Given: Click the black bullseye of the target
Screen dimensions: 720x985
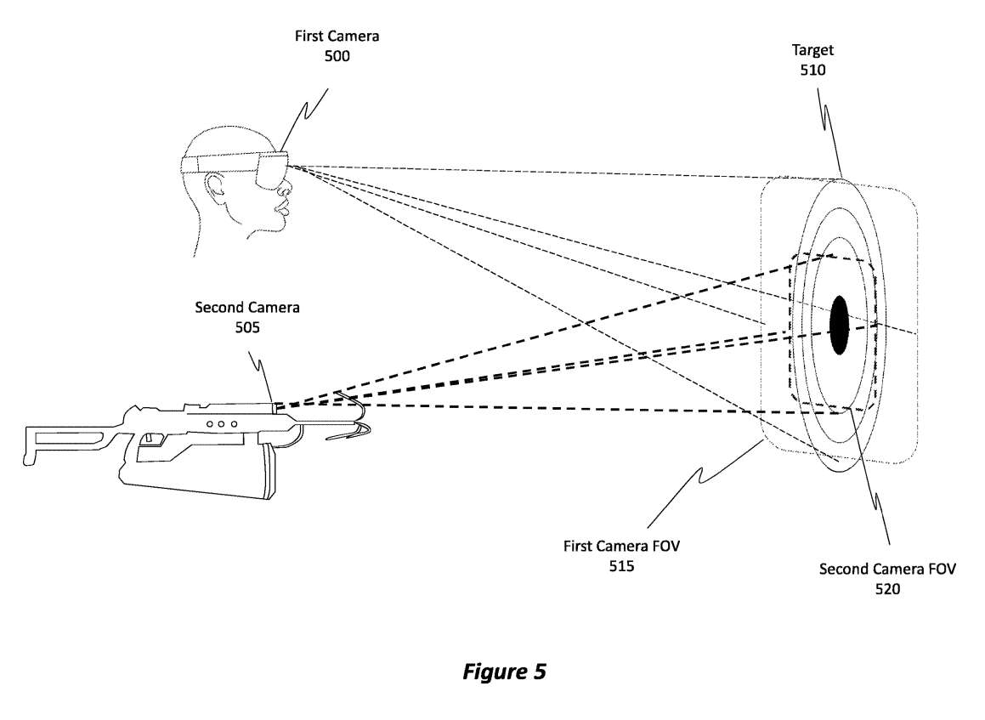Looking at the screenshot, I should pos(840,324).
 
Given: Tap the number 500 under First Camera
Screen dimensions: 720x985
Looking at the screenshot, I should pos(336,56).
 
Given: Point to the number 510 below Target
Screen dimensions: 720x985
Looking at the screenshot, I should pos(812,71).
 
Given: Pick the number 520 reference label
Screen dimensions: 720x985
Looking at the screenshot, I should pos(887,588).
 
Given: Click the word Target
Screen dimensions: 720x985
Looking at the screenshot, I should pos(812,51).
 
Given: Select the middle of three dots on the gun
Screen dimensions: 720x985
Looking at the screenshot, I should pos(221,422).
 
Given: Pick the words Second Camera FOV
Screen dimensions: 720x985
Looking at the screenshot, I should pos(887,569).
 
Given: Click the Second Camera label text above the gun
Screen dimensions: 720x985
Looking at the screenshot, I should pos(247,308).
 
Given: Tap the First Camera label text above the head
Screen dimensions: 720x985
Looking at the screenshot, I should pos(336,37).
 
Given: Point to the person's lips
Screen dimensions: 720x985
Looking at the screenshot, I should pos(282,204).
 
